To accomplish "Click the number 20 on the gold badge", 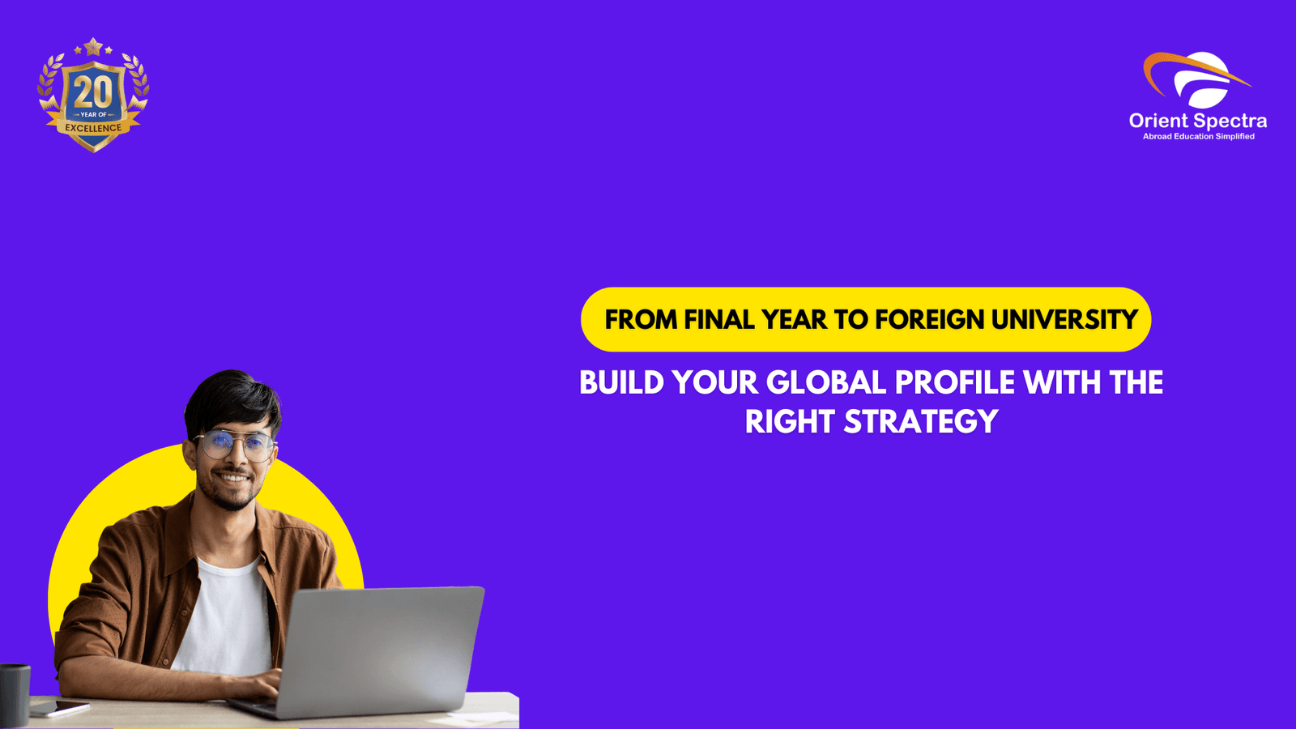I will (93, 92).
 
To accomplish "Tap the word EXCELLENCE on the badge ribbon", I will (93, 128).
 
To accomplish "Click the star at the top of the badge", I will (93, 47).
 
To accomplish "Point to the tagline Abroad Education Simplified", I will (1198, 137).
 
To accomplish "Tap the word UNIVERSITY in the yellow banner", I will (1064, 320).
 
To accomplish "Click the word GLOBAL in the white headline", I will (826, 382).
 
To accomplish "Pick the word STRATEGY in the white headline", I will (921, 422).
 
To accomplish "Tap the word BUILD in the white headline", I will (621, 382).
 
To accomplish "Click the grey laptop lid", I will (381, 648).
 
